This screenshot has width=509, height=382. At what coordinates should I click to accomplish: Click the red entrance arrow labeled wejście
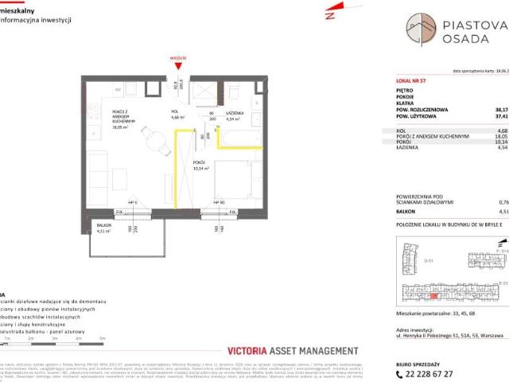pyautogui.click(x=179, y=64)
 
